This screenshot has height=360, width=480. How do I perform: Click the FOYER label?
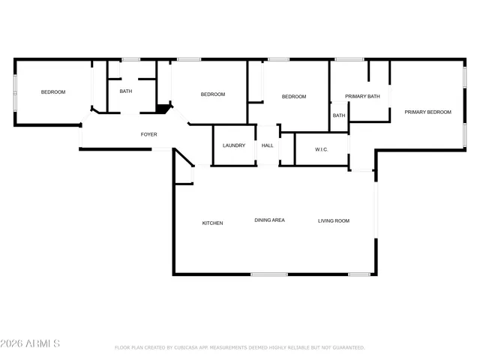[x=149, y=134]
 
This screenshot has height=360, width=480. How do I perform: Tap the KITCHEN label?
[x=212, y=223]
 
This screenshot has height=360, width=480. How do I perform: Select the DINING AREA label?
[x=269, y=220]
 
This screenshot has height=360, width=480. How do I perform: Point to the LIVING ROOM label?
[x=334, y=220]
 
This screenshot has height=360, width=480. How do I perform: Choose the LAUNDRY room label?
[x=234, y=145]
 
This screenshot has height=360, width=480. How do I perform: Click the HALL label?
[x=268, y=145]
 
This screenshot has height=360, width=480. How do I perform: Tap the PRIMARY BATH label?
[x=362, y=97]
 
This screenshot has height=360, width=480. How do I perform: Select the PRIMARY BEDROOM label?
[x=427, y=112]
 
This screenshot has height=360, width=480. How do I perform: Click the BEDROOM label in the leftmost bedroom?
[x=53, y=92]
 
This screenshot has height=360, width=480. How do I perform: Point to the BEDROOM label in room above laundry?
[x=213, y=94]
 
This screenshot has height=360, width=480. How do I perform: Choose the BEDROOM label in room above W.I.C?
[x=294, y=97]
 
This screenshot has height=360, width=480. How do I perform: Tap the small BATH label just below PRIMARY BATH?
[x=339, y=115]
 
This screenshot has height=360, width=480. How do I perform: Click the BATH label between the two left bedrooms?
[x=126, y=91]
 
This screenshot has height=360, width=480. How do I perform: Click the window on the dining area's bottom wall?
[x=268, y=274]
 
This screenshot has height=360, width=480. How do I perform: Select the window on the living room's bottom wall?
[x=359, y=274]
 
